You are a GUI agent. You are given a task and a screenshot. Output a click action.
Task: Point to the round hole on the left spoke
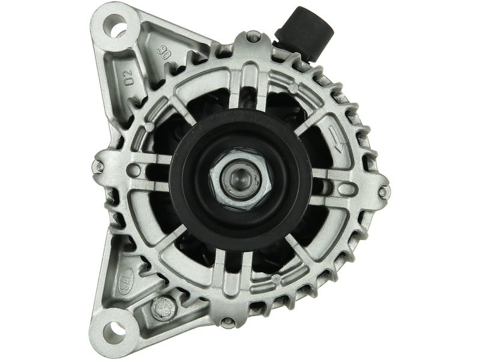[136, 170]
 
